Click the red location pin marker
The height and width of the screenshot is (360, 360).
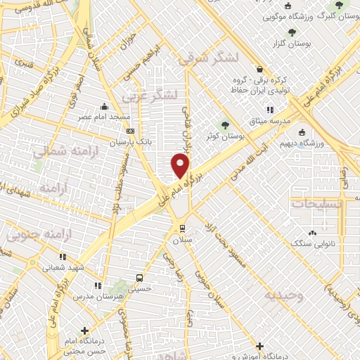coord(181,166)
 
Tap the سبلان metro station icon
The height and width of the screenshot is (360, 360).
coord(182,228)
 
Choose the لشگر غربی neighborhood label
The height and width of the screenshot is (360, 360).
coord(150,95)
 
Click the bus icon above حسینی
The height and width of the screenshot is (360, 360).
coord(139,278)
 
